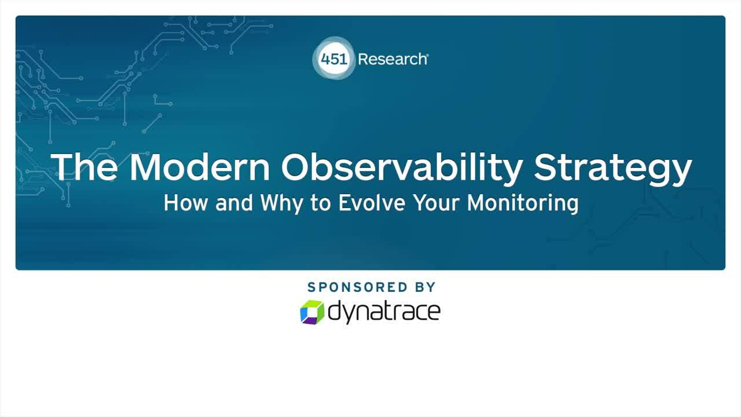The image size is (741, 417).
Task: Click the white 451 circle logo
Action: [x=335, y=59]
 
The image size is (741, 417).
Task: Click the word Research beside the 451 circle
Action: [x=393, y=59]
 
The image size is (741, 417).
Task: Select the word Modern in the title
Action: [x=200, y=167]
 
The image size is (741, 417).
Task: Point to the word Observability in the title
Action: [x=402, y=167]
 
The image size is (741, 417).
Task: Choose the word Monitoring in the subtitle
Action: [x=523, y=204]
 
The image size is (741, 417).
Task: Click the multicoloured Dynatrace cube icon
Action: [x=312, y=312]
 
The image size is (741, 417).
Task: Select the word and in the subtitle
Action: [x=234, y=203]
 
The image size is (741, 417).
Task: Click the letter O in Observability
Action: [x=299, y=167]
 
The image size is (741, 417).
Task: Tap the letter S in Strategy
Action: [x=546, y=167]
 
